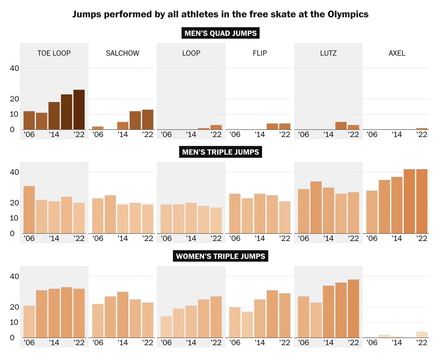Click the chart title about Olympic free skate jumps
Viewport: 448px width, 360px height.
pyautogui.click(x=220, y=15)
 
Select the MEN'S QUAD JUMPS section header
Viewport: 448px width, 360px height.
pyautogui.click(x=220, y=33)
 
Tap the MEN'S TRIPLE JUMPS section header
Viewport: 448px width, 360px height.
pyautogui.click(x=220, y=152)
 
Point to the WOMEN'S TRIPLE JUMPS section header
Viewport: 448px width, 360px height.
pyautogui.click(x=220, y=256)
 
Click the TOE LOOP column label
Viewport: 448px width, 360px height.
pyautogui.click(x=54, y=53)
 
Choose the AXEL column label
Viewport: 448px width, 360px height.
pyautogui.click(x=396, y=53)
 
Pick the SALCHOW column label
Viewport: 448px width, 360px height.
pyautogui.click(x=122, y=53)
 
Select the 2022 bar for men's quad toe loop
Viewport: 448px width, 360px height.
pyautogui.click(x=79, y=110)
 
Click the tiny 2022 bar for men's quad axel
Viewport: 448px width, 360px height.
pyautogui.click(x=422, y=129)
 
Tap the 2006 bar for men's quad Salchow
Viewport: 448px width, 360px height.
pyautogui.click(x=98, y=128)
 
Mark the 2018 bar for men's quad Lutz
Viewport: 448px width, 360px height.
pyautogui.click(x=341, y=126)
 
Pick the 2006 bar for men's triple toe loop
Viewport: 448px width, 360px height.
pyautogui.click(x=29, y=210)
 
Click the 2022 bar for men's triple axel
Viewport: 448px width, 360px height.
pyautogui.click(x=422, y=201)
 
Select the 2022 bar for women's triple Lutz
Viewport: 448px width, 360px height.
pyautogui.click(x=353, y=309)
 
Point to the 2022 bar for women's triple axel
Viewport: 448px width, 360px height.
pyautogui.click(x=422, y=335)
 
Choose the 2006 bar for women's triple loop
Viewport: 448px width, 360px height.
pyautogui.click(x=167, y=327)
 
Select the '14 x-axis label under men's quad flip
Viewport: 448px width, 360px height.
pyautogui.click(x=260, y=135)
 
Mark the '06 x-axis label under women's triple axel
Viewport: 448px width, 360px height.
pyautogui.click(x=372, y=343)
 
